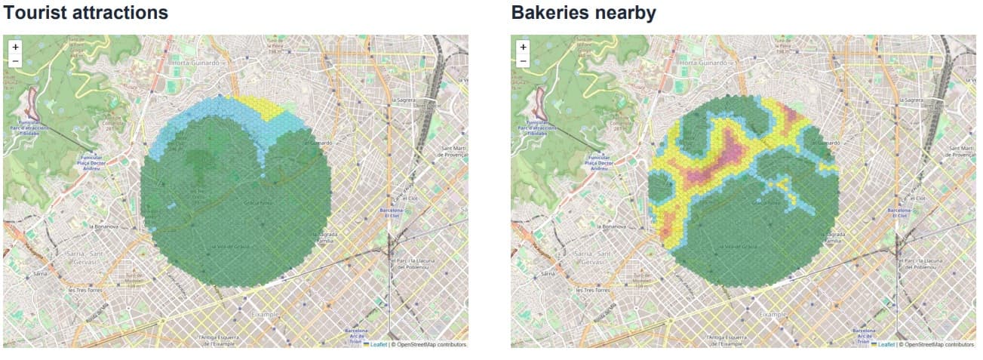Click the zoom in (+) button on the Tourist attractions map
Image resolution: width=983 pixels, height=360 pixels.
pos(15,47)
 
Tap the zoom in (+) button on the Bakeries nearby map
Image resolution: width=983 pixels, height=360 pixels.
pos(523,47)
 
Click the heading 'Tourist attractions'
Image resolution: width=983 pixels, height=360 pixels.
pos(86,13)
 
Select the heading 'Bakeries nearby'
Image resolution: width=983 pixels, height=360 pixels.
pos(583,13)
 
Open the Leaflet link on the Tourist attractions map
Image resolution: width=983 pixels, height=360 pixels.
pos(379,344)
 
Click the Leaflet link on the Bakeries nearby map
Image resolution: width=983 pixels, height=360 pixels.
pos(886,344)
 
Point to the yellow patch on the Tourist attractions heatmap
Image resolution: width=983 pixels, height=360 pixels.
pos(260,108)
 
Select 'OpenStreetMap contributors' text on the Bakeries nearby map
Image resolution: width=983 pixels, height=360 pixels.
pos(941,344)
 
